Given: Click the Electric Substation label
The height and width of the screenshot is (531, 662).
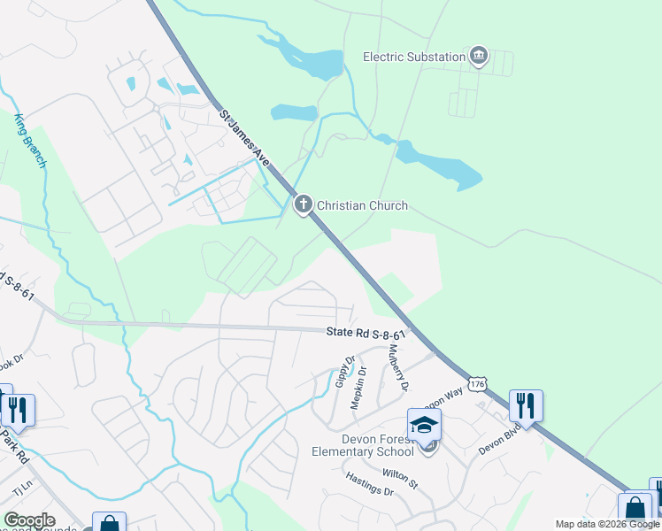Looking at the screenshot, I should click(414, 57).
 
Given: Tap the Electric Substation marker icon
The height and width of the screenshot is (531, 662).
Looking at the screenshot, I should click(479, 57).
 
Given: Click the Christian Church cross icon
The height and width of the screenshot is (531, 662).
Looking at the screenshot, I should click(303, 205).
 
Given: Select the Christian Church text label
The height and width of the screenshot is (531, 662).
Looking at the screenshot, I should click(363, 205).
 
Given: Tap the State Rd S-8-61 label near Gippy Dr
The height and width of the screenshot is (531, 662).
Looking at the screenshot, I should click(366, 334).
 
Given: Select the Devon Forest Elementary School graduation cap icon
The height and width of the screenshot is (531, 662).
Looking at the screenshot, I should click(424, 424).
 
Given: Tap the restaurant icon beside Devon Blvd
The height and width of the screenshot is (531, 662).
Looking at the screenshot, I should click(526, 406).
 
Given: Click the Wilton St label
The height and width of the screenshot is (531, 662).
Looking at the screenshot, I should click(400, 479).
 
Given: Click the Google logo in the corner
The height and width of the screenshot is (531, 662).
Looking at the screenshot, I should click(29, 520).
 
